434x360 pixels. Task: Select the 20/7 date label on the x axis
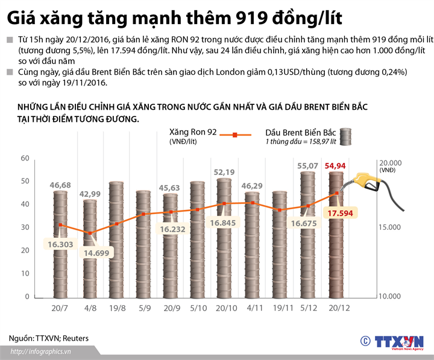(x=60, y=308)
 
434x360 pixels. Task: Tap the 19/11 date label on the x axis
(x=279, y=308)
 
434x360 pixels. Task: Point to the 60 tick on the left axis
(x=25, y=159)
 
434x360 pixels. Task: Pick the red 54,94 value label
(x=335, y=165)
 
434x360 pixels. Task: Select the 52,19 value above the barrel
(x=225, y=172)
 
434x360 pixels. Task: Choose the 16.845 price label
(x=224, y=223)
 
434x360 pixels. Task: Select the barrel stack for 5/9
(x=143, y=244)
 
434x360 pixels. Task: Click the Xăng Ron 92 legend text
(x=192, y=132)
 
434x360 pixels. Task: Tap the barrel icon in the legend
(x=346, y=136)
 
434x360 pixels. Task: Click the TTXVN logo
(x=398, y=341)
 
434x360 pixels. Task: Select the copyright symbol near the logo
(x=364, y=341)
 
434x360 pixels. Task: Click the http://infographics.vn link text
(x=42, y=352)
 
